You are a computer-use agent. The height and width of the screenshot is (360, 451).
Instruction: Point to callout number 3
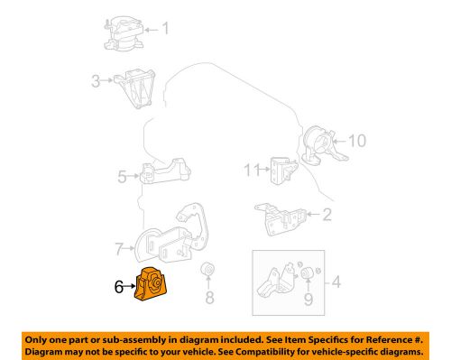pos(94,83)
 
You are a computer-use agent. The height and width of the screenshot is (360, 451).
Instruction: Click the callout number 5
pos(122,177)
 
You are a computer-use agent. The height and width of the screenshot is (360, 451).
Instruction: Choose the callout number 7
pos(118,245)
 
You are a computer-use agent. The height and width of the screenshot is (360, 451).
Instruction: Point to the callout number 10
pos(357,140)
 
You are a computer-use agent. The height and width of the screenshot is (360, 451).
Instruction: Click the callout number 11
pos(250,169)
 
